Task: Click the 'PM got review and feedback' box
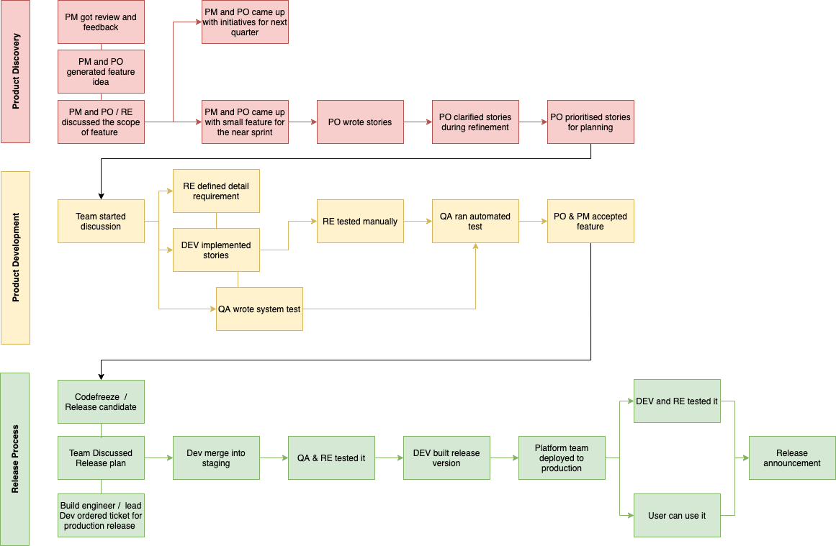[101, 22]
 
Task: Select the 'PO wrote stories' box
[360, 122]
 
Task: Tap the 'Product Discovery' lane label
[15, 71]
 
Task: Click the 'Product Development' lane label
[15, 258]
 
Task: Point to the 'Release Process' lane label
[15, 459]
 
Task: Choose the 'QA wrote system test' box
[259, 309]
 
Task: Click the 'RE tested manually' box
[360, 222]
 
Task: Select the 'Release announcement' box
[792, 458]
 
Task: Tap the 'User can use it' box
[677, 516]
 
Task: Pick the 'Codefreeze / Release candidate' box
[101, 402]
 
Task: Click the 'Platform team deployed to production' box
[562, 458]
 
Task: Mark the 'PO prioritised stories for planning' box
[590, 122]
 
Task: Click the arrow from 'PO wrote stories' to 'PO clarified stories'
[418, 122]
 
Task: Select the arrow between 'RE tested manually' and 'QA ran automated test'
[418, 222]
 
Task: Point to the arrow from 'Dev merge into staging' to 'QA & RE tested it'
[274, 458]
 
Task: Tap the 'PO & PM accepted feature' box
[590, 222]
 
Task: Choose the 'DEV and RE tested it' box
[677, 401]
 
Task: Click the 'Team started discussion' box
[101, 222]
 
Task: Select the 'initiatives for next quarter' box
[245, 22]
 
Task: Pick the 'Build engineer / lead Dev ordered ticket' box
[101, 516]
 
